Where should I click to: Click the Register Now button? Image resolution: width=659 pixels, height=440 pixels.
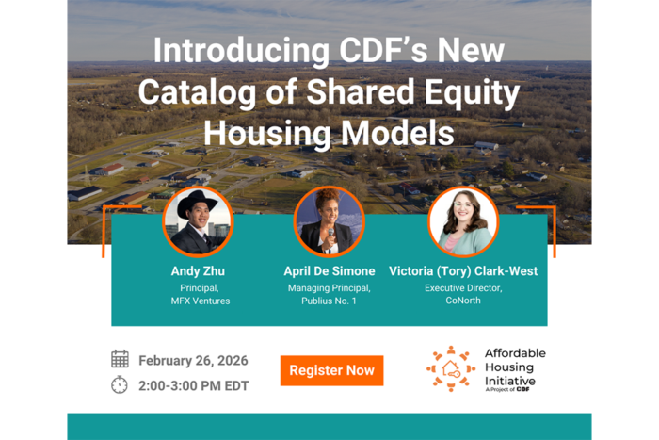(331, 370)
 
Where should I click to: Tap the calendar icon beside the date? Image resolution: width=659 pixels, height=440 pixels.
(120, 359)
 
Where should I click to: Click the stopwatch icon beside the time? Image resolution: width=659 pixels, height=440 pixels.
(120, 384)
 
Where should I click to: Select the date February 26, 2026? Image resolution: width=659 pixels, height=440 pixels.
(193, 361)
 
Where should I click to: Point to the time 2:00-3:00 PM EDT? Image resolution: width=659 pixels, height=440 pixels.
(194, 385)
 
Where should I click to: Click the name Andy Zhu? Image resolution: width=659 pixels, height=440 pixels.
(198, 271)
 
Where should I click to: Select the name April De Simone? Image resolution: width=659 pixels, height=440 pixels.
(329, 271)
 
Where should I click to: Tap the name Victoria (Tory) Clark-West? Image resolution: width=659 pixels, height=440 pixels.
(463, 271)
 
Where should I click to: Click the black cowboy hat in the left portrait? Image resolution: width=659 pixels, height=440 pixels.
(197, 204)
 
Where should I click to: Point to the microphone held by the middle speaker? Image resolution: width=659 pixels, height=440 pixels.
(330, 236)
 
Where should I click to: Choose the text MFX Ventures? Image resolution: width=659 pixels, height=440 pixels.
(201, 301)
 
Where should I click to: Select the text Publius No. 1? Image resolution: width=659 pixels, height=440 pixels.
(329, 301)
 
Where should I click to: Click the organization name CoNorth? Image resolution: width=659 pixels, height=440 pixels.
(463, 301)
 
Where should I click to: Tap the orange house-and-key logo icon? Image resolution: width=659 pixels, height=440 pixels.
(451, 369)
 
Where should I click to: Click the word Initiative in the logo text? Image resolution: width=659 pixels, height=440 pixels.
(510, 381)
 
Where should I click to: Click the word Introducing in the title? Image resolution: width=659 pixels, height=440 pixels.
(242, 51)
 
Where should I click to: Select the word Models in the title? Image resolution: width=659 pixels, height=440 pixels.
(397, 134)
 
